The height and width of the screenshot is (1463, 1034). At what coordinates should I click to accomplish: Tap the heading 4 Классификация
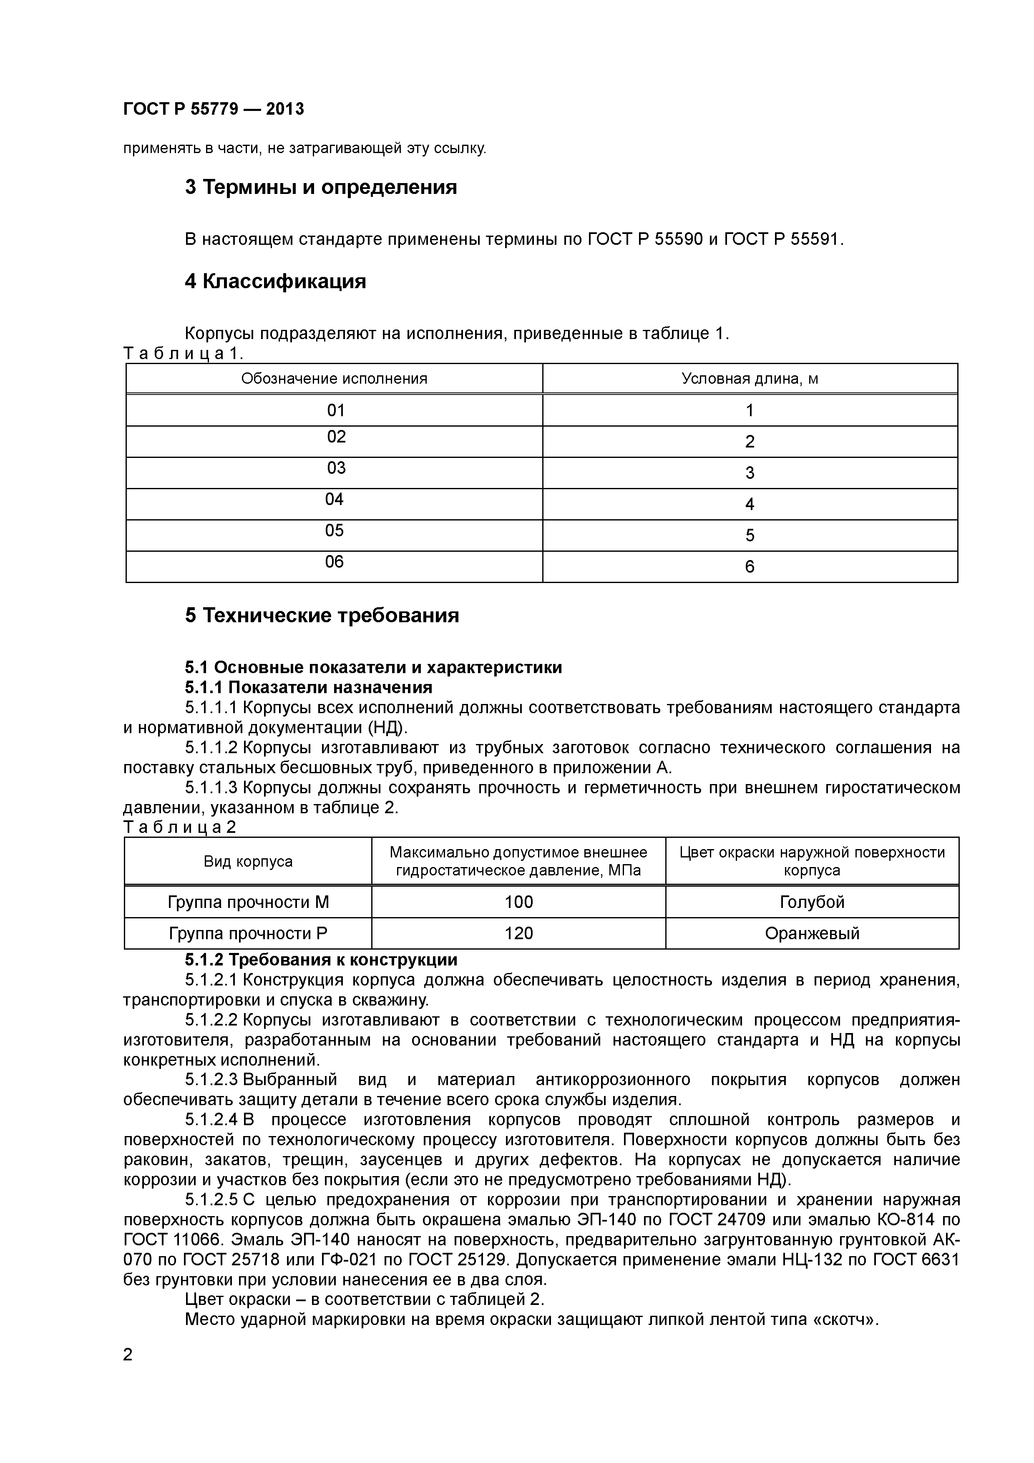tap(275, 281)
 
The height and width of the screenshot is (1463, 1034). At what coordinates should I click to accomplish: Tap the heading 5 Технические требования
tap(322, 616)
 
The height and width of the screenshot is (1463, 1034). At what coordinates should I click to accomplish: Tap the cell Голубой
tap(812, 902)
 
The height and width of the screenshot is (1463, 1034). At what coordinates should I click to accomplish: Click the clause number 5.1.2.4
tap(211, 1119)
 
